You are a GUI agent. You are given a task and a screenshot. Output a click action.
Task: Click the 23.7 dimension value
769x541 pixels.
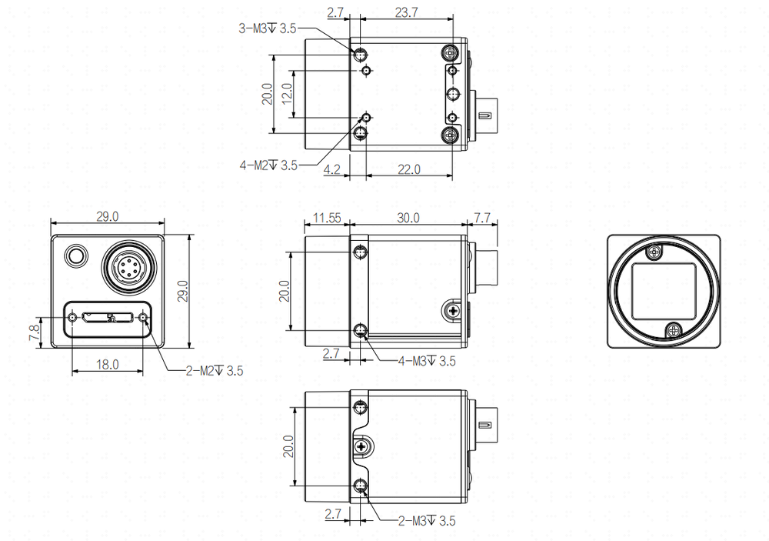(x=406, y=12)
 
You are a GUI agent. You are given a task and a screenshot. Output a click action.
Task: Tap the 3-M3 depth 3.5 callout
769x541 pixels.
(x=268, y=28)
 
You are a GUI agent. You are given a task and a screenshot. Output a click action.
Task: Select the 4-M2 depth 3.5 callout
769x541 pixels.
(x=268, y=165)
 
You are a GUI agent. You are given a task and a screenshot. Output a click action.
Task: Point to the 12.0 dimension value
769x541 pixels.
(x=287, y=92)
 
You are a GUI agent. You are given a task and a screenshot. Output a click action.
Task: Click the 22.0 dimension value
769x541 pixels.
(x=408, y=169)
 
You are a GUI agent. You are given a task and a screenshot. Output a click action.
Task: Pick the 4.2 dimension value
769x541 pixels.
(x=332, y=169)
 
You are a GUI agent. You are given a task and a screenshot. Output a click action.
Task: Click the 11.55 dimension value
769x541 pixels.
(x=327, y=218)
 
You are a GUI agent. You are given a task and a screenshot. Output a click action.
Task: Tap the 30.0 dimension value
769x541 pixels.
(x=408, y=218)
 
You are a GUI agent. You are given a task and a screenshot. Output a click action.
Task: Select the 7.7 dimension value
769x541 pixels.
(x=482, y=218)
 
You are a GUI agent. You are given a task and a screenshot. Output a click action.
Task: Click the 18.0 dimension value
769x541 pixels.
(x=108, y=364)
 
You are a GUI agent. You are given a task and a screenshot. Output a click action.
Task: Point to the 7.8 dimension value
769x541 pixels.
(x=35, y=332)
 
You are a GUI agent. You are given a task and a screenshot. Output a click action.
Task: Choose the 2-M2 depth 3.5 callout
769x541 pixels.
(x=215, y=371)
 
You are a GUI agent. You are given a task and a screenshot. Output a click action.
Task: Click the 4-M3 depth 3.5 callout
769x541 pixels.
(x=427, y=362)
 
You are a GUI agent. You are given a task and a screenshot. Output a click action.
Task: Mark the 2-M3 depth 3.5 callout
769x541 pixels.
(x=427, y=520)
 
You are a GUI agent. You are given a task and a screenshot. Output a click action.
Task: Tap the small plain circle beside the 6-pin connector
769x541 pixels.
(x=76, y=255)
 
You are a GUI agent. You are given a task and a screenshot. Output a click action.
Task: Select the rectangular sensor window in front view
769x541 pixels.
(x=664, y=291)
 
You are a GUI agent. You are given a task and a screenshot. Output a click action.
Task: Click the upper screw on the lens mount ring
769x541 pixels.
(x=653, y=253)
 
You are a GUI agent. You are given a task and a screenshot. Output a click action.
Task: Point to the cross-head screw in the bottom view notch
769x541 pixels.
(x=361, y=446)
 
